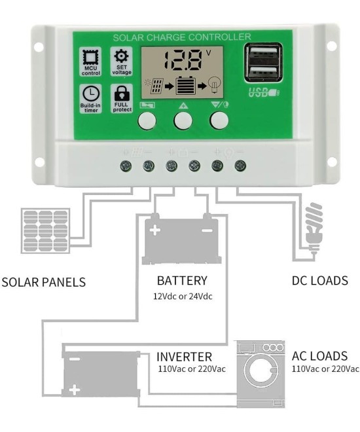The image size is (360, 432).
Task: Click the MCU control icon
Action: [x=90, y=58]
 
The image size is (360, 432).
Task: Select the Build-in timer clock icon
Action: [x=90, y=95]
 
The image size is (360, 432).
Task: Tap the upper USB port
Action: [x=263, y=54]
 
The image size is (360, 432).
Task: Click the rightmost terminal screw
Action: [x=240, y=166]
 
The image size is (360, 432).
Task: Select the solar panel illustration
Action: [x=45, y=231]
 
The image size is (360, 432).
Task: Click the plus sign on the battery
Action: [x=155, y=230]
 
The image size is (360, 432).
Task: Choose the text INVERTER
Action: [x=184, y=357]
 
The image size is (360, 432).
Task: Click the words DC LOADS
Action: [x=319, y=281]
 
